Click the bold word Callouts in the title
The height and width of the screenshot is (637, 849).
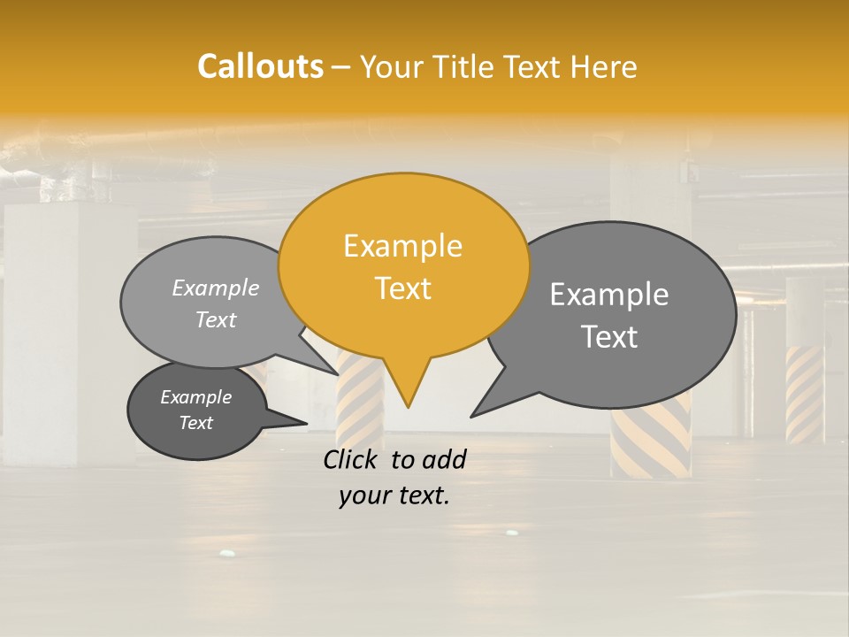[x=260, y=66]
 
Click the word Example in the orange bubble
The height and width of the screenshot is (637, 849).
[x=402, y=246]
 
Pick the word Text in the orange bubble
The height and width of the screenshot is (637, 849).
[x=403, y=288]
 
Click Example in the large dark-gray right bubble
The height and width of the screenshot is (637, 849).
[x=609, y=295]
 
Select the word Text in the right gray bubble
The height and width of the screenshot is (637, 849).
[x=610, y=337]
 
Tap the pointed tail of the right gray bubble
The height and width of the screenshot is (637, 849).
[x=474, y=414]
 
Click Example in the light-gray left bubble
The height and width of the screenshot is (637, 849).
[x=216, y=288]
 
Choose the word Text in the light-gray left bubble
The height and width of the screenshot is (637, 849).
[x=216, y=319]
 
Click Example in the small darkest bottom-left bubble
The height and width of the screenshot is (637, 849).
[x=196, y=397]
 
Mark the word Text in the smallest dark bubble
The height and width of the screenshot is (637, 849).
[x=196, y=423]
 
